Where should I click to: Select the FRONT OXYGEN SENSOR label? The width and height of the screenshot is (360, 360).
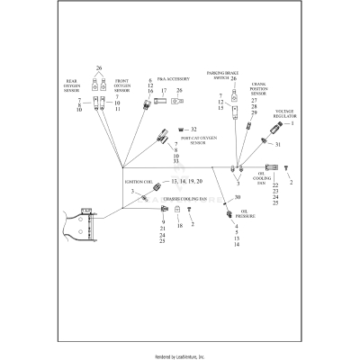(121, 87)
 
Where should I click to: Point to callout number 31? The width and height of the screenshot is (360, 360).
(278, 145)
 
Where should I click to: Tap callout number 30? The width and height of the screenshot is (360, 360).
(238, 197)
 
